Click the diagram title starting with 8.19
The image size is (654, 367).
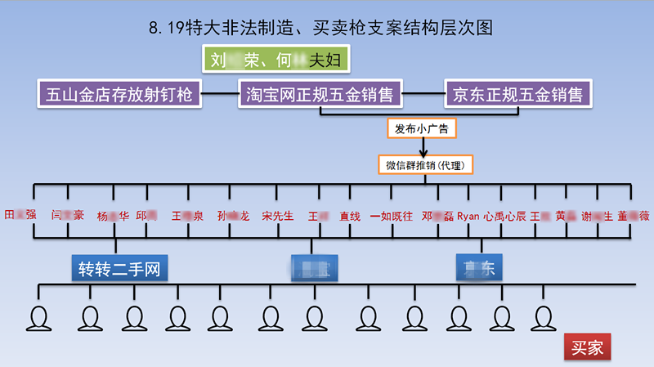click(320, 28)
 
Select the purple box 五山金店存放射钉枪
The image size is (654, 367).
click(119, 95)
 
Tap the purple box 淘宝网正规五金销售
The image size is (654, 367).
click(320, 95)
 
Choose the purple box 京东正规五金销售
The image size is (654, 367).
click(517, 95)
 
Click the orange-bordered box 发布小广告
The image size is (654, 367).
click(422, 128)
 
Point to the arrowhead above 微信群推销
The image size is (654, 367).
click(423, 151)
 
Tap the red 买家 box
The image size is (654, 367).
click(587, 348)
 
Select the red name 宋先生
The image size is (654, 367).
click(277, 217)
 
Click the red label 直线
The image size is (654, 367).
click(350, 217)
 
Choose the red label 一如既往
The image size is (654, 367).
click(392, 217)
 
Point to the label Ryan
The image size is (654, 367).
click(468, 217)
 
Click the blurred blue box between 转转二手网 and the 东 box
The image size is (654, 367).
click(315, 267)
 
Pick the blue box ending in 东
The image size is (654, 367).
click(479, 267)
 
